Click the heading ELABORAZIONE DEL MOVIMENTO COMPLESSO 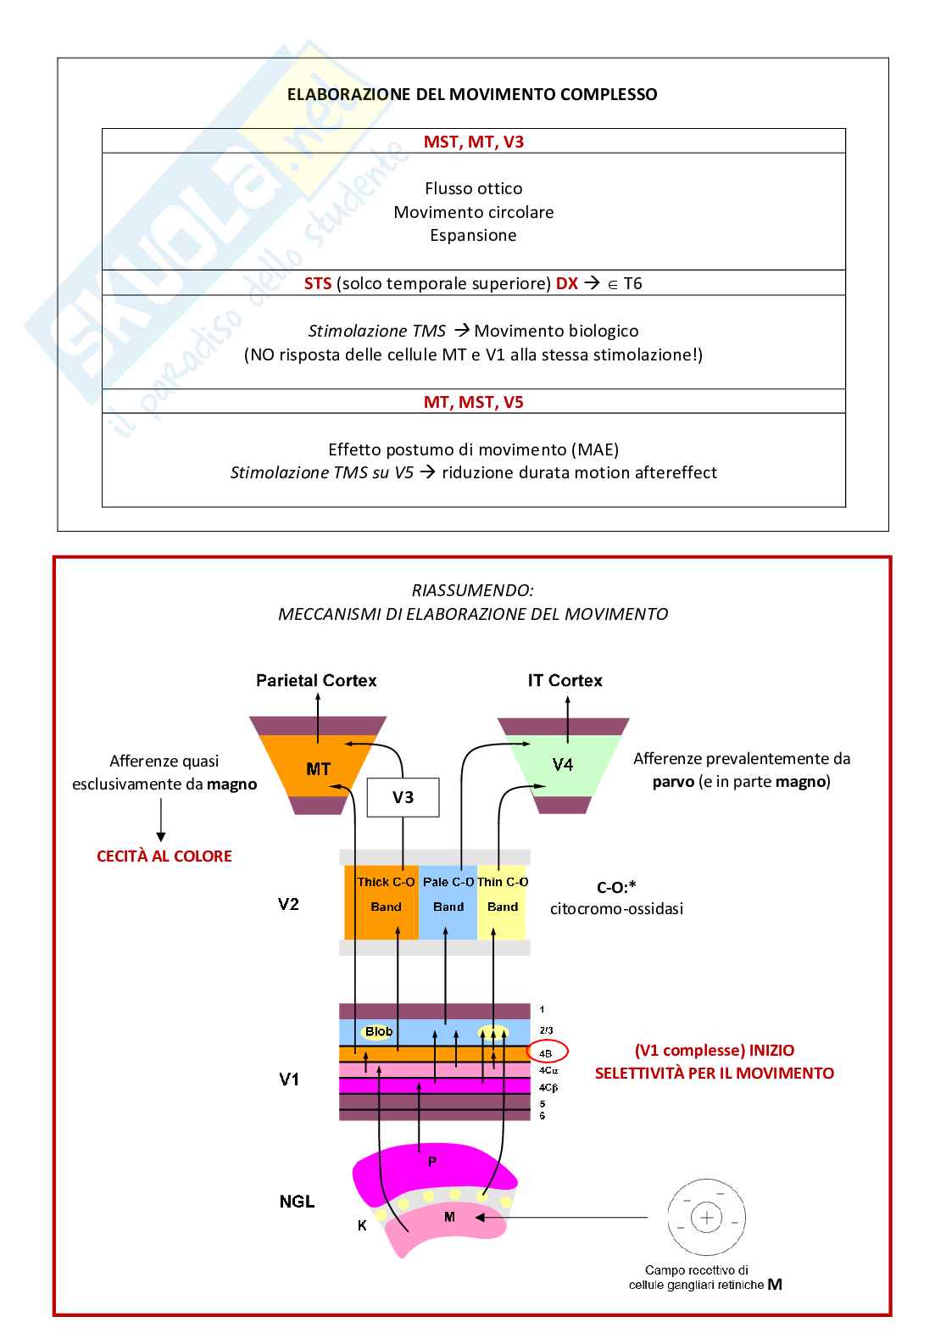(472, 94)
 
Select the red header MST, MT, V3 (473, 142)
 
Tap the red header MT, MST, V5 (473, 402)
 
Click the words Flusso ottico (473, 188)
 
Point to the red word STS (318, 283)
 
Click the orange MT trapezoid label (318, 769)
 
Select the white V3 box (403, 797)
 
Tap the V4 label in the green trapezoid (563, 765)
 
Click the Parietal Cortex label (316, 680)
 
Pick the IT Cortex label (565, 680)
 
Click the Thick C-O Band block (385, 895)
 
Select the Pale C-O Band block (448, 895)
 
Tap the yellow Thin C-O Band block (503, 895)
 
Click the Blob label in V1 (379, 1032)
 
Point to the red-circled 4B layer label (546, 1053)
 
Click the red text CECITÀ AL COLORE (164, 856)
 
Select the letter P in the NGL (431, 1162)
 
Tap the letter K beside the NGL (362, 1225)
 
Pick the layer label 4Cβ (548, 1087)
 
